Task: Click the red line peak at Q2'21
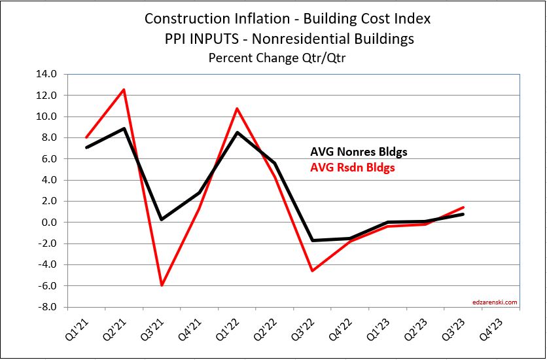[x=124, y=90]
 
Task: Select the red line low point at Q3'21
[x=162, y=285]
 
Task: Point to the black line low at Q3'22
[x=313, y=240]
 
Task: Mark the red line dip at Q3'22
[x=313, y=270]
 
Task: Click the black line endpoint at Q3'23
[x=464, y=214]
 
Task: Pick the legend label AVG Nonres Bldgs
[x=359, y=152]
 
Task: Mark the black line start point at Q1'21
[x=86, y=147]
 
